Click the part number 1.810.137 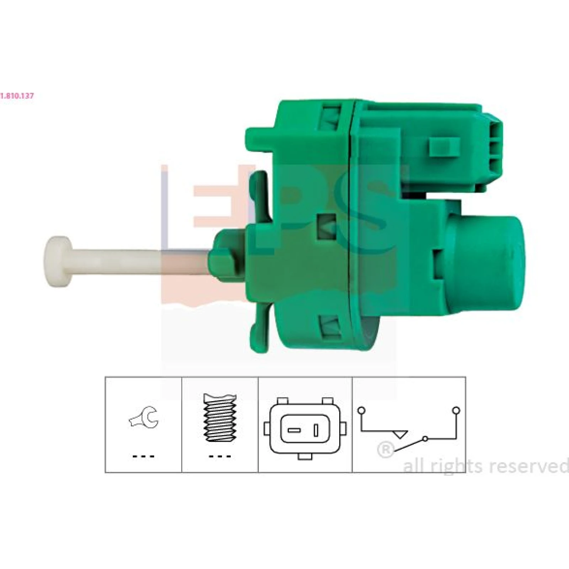[17, 96]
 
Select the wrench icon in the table [143, 417]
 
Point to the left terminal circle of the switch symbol [362, 410]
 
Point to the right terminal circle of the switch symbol [456, 410]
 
